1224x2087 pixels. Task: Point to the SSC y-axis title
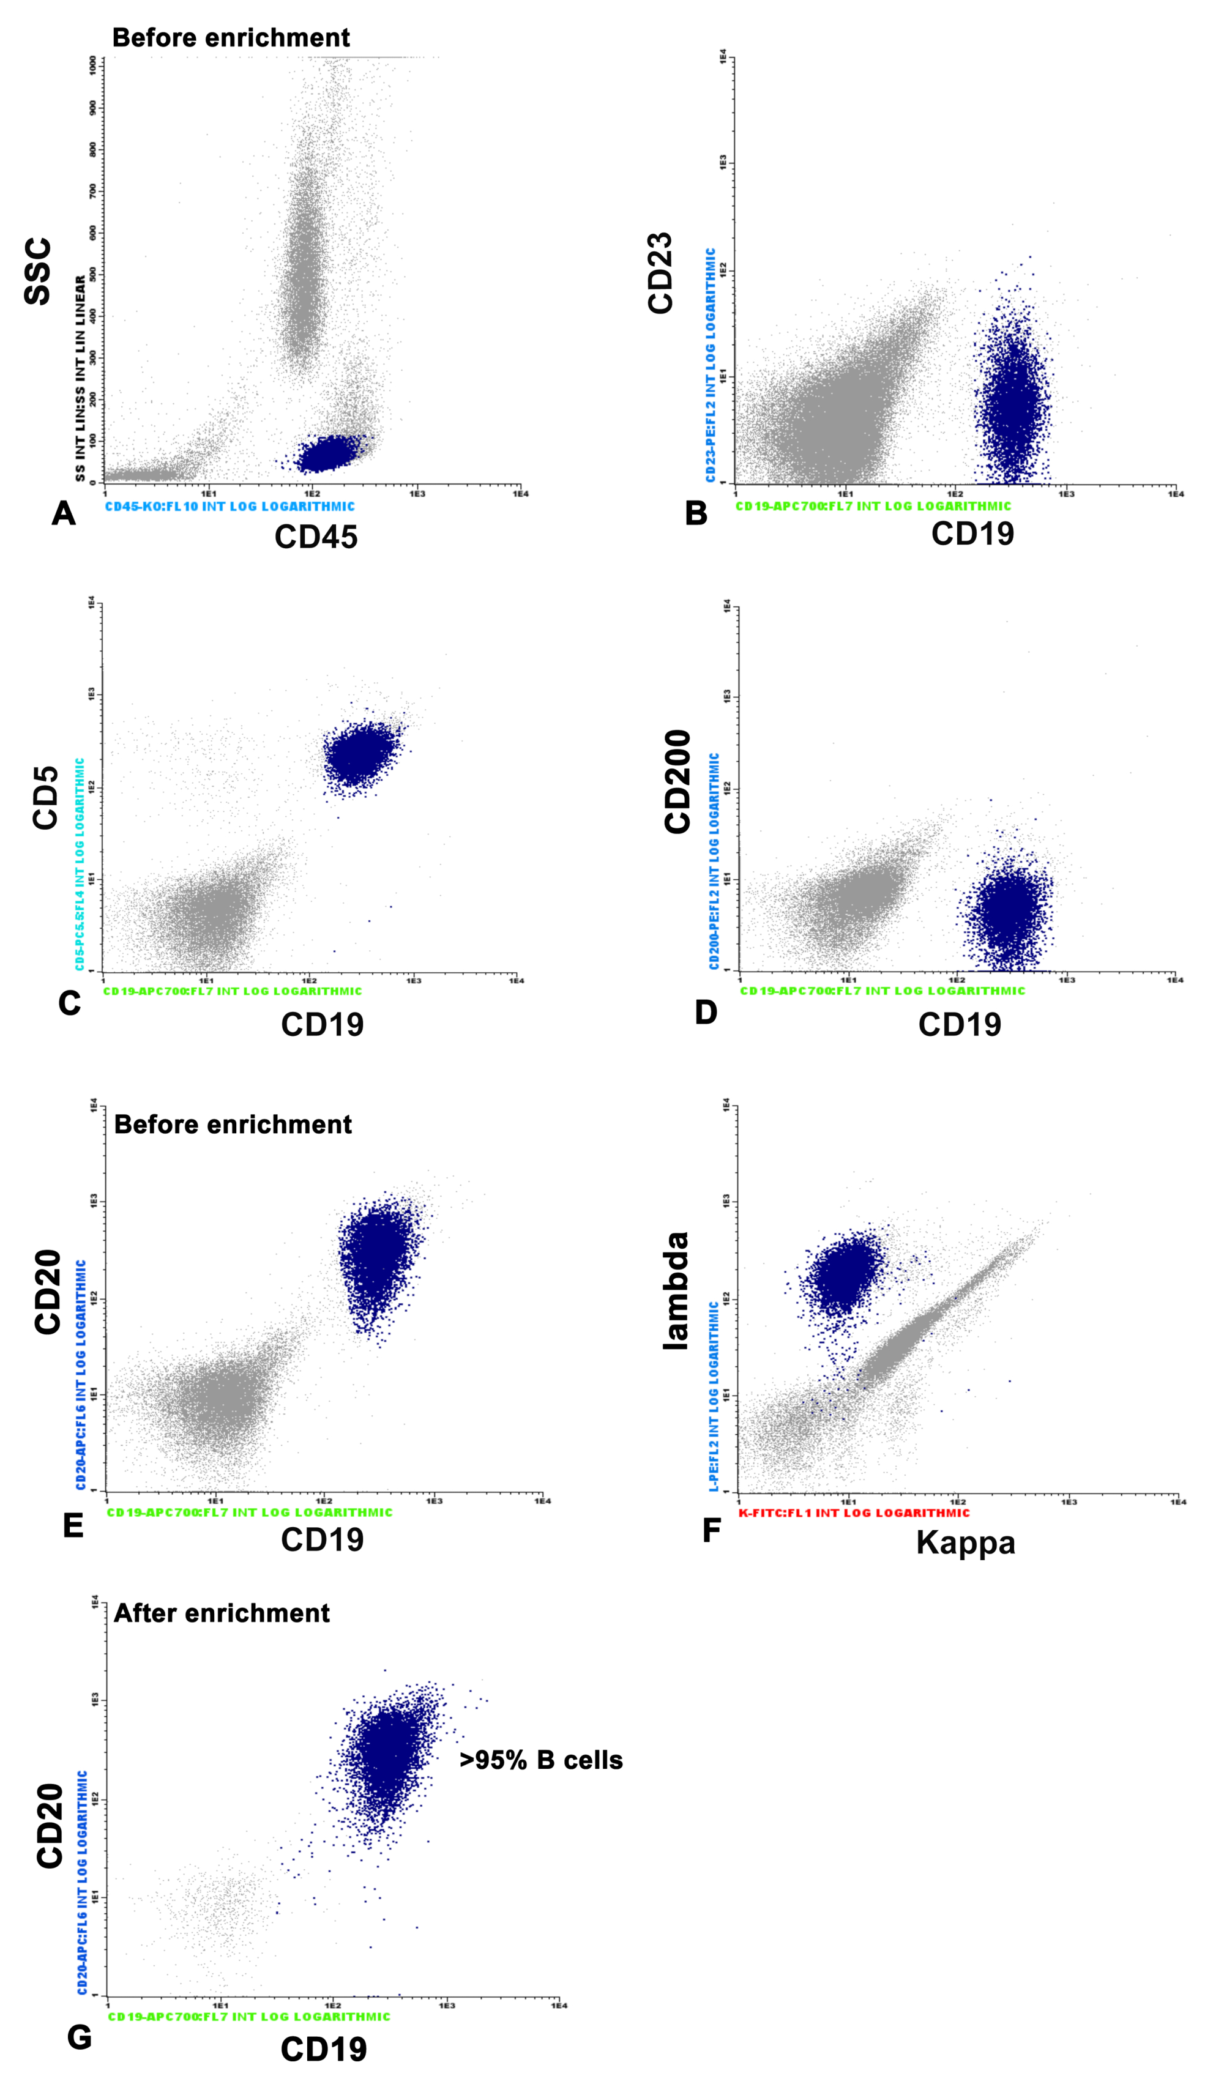(38, 272)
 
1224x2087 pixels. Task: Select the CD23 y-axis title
(660, 273)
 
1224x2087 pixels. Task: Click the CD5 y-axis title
(45, 797)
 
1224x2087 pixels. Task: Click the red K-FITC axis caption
(853, 1513)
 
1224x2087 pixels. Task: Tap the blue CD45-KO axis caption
(229, 506)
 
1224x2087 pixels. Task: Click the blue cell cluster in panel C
(360, 754)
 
